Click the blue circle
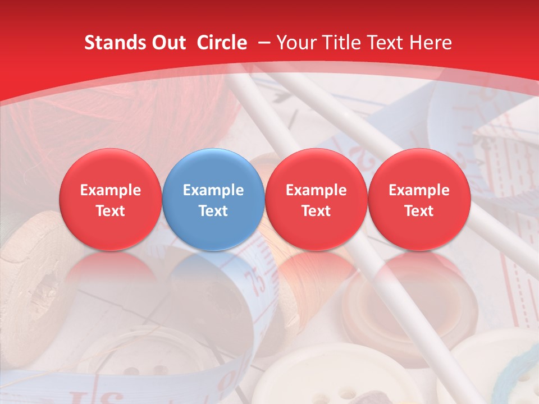(213, 199)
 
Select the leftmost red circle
(111, 199)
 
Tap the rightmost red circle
(419, 199)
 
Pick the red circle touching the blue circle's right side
(316, 199)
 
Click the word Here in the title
(431, 43)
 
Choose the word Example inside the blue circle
(213, 190)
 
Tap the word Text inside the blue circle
(213, 211)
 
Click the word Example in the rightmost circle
(419, 190)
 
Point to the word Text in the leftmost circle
(111, 211)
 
